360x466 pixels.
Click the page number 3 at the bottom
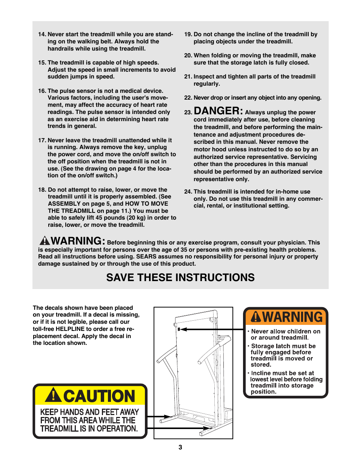[180, 447]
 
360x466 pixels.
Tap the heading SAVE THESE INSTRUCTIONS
[180, 278]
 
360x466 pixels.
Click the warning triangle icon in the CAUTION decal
[54, 395]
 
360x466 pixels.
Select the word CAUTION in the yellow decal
[99, 396]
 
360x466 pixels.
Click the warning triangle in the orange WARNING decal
[256, 317]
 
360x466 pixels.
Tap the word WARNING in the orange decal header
[292, 317]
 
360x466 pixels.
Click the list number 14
[42, 34]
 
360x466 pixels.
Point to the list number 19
[188, 34]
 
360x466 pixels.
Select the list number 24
[188, 192]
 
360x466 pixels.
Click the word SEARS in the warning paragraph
[146, 257]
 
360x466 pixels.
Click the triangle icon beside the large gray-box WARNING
[45, 241]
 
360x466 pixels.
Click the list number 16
[42, 91]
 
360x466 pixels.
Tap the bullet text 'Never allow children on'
[286, 331]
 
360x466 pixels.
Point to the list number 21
[188, 77]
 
